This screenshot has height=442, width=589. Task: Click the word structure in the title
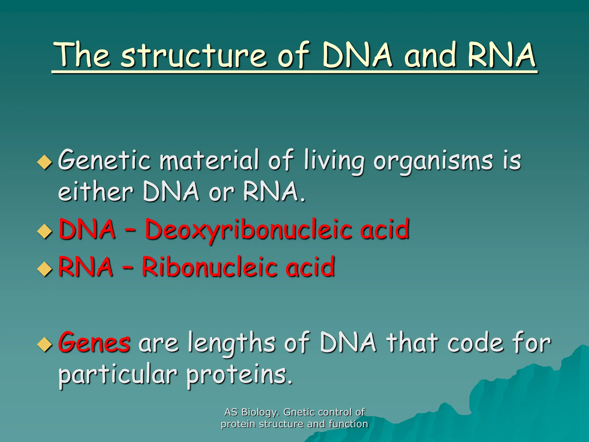pyautogui.click(x=194, y=55)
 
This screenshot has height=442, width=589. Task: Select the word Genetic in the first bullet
pyautogui.click(x=104, y=160)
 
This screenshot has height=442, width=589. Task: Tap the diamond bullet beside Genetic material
pyautogui.click(x=45, y=162)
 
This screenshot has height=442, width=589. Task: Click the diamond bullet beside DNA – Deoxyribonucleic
pyautogui.click(x=45, y=231)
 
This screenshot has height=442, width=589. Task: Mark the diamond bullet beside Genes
pyautogui.click(x=45, y=344)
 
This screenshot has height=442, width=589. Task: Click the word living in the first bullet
pyautogui.click(x=334, y=161)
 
